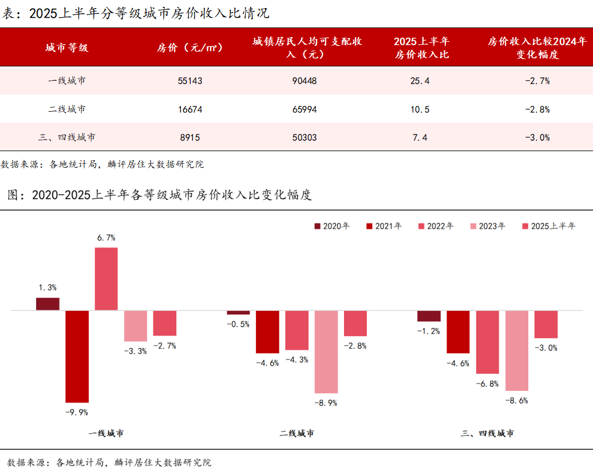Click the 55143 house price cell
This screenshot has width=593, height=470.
pos(190,81)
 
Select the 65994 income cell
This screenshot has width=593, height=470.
pos(305,109)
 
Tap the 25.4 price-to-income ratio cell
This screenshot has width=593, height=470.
pos(420,81)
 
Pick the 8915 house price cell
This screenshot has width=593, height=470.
pos(190,137)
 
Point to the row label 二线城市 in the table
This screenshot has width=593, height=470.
pos(67,109)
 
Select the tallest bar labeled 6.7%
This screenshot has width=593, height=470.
pos(106,279)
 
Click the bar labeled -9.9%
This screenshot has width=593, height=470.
pos(77,356)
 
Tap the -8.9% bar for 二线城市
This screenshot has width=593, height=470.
pos(326,351)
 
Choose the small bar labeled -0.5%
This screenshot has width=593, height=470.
pos(238,313)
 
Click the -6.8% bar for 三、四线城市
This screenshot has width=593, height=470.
pos(487,342)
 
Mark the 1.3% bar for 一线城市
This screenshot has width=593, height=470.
pos(48,304)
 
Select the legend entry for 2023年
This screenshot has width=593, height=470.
pos(488,226)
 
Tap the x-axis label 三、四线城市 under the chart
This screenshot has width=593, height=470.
pos(487,433)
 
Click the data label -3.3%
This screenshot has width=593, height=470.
pos(135,351)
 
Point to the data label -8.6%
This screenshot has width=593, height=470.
pos(517,401)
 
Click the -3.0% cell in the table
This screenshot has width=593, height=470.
pos(537,137)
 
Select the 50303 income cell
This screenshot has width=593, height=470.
pos(305,137)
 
